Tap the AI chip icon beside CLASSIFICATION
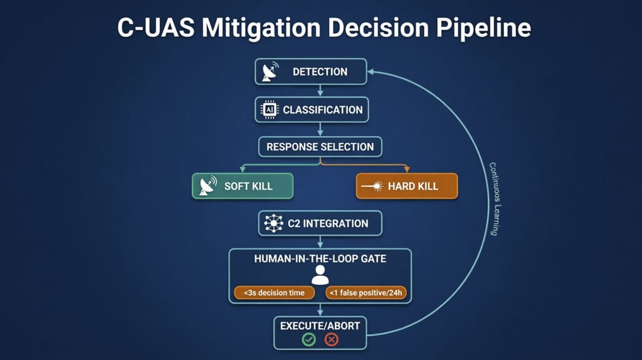pyautogui.click(x=269, y=109)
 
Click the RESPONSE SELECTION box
pyautogui.click(x=320, y=147)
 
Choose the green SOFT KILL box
pyautogui.click(x=242, y=186)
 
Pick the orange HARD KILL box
pyautogui.click(x=407, y=186)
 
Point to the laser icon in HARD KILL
pyautogui.click(x=377, y=186)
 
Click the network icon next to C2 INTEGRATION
pyautogui.click(x=274, y=223)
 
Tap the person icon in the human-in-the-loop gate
pyautogui.click(x=320, y=275)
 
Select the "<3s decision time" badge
pyautogui.click(x=273, y=293)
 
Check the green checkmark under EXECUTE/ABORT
pyautogui.click(x=308, y=339)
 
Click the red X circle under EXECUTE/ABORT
pyautogui.click(x=331, y=339)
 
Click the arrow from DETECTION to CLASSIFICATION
pyautogui.click(x=320, y=90)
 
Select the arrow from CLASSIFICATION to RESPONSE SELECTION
pyautogui.click(x=320, y=129)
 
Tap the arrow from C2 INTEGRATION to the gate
pyautogui.click(x=320, y=242)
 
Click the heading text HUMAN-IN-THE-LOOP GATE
pyautogui.click(x=320, y=258)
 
